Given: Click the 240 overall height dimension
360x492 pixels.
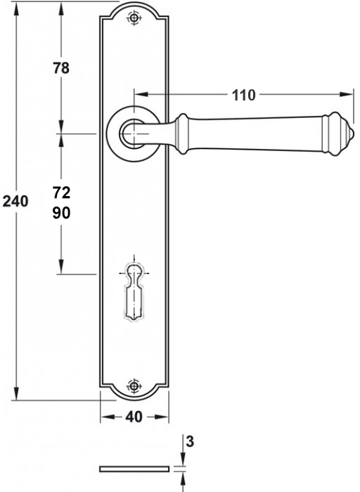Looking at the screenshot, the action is coord(15,201).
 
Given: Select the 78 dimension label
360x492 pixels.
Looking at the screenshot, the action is coord(61,68).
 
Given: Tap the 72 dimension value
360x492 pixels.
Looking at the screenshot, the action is coord(61,193).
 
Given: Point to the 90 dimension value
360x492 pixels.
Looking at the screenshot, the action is coord(61,213).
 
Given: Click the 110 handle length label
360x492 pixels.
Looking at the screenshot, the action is coord(243,95).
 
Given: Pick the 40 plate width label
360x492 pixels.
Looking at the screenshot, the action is coord(134,417).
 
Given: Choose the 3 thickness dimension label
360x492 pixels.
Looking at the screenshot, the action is coord(190,441).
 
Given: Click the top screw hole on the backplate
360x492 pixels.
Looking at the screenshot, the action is coord(134,18).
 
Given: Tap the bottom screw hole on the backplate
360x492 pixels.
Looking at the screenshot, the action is coord(134,386).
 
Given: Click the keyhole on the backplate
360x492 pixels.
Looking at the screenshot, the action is coord(134,291).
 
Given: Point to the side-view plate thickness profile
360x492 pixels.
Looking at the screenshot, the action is coord(134,469).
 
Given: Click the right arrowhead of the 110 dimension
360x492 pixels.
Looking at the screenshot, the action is coord(347,94).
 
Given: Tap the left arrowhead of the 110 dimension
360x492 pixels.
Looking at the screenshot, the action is coord(141,94).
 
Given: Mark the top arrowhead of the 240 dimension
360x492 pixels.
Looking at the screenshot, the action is coord(15,8).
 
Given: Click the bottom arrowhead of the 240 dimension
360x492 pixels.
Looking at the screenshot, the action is coord(15,393).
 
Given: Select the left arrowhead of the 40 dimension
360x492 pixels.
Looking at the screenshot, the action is coord(107,417).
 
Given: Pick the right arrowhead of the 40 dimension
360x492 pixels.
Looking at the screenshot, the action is coord(162,417).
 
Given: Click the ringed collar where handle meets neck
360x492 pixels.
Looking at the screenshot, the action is coord(182,134).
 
